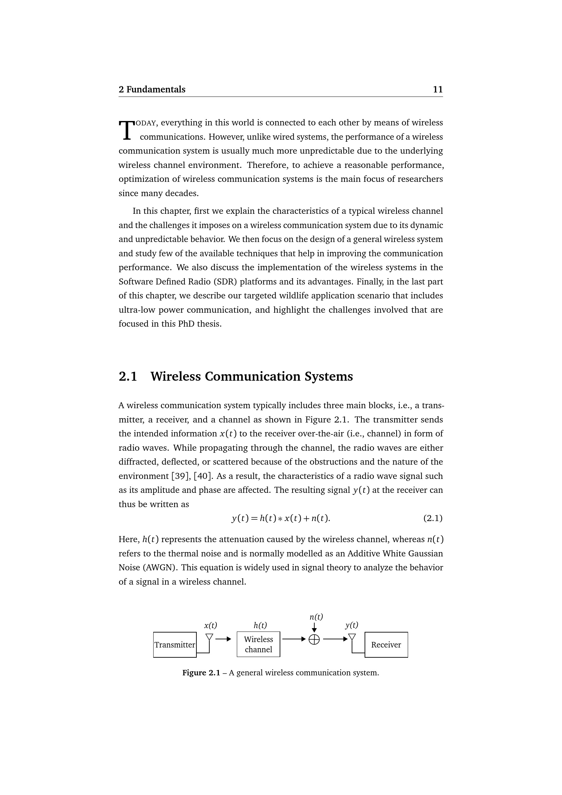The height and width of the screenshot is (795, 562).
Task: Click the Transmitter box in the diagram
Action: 175,645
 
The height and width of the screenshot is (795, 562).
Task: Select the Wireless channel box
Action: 258,644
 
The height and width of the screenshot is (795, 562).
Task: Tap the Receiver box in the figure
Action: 386,645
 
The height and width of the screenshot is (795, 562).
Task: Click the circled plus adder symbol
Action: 314,640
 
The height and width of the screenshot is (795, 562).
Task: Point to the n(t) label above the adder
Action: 316,617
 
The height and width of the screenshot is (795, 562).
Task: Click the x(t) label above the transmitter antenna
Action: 210,625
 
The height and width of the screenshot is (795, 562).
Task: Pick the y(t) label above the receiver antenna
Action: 352,625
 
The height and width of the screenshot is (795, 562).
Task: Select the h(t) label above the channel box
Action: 260,625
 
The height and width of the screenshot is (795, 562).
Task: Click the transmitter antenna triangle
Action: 209,637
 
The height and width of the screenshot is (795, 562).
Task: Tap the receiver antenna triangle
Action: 352,637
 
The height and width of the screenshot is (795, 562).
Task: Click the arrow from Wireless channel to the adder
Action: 294,639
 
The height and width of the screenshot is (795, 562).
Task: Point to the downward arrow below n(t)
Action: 314,627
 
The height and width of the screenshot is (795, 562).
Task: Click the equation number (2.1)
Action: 433,518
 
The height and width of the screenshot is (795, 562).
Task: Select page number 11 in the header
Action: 438,89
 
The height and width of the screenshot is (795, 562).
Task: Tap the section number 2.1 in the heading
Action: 128,376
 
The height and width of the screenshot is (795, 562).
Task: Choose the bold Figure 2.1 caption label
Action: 201,673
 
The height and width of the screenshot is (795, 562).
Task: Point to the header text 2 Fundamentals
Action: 152,89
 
